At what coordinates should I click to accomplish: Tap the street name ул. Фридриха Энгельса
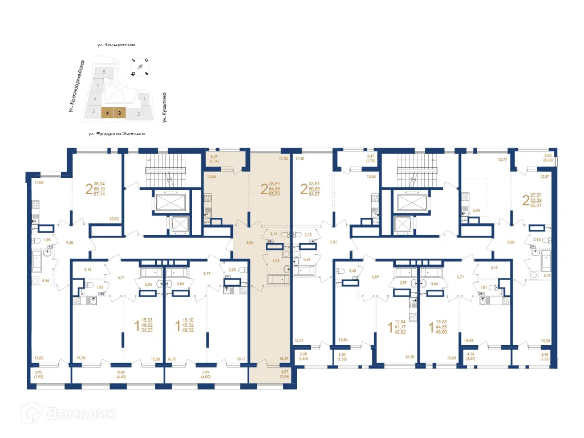(116, 133)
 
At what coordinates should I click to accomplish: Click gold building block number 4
(107, 113)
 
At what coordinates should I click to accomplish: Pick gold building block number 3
(119, 113)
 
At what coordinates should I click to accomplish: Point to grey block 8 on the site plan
(103, 72)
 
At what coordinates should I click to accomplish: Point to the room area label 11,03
(39, 182)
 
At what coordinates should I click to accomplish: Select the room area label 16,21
(299, 340)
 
